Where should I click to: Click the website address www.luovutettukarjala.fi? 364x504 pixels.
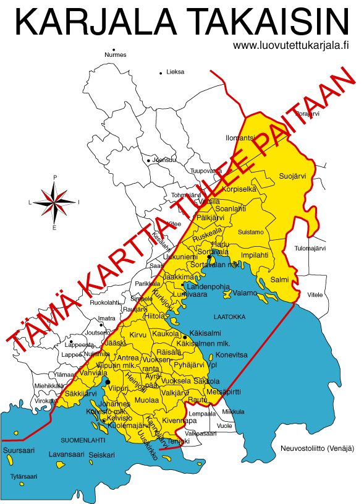coord(292,45)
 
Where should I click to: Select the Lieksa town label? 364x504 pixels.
coord(176,72)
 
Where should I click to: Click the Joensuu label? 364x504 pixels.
coord(164,160)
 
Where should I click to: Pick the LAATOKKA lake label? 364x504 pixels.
coord(229,317)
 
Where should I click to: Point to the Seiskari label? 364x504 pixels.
coord(101,455)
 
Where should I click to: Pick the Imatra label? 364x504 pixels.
coord(107,318)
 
